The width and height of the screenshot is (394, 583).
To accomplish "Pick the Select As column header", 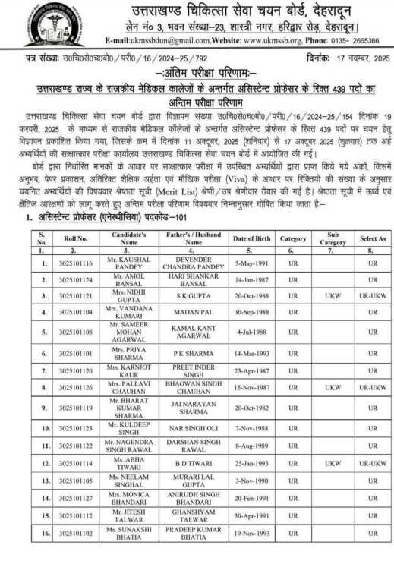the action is pyautogui.click(x=372, y=238).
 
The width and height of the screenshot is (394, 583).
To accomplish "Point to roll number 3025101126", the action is pyautogui.click(x=75, y=387).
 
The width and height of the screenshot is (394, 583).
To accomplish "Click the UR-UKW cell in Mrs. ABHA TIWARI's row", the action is pyautogui.click(x=372, y=463).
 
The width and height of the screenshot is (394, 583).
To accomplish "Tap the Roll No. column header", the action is pyautogui.click(x=75, y=238).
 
